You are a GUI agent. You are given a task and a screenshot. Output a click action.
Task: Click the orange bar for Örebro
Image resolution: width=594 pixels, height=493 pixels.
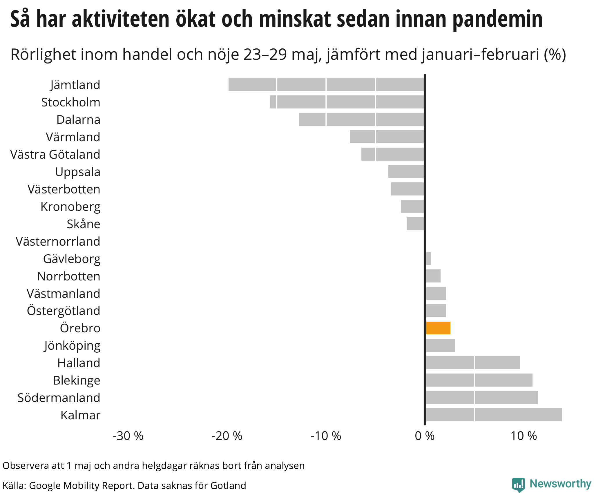(x=438, y=328)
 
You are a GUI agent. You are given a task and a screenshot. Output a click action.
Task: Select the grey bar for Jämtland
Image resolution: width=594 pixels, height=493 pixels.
(x=326, y=85)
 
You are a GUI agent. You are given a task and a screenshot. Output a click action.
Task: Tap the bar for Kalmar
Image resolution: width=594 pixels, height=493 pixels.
(x=494, y=415)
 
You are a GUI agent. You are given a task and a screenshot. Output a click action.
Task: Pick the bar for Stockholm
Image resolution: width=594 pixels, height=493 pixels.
(x=347, y=102)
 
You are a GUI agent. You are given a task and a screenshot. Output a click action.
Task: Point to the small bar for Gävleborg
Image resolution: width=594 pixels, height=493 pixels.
(x=428, y=258)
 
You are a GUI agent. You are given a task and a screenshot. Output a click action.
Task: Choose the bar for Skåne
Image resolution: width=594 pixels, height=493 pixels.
(x=415, y=224)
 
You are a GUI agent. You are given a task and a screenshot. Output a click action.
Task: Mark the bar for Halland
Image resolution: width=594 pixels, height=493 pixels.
(x=472, y=363)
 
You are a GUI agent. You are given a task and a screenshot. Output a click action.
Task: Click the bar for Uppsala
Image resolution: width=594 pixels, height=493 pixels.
(x=406, y=171)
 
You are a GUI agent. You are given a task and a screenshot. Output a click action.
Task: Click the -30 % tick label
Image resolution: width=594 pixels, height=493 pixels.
(x=128, y=436)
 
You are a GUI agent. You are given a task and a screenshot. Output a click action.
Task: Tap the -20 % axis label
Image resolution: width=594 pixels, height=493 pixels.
(x=227, y=436)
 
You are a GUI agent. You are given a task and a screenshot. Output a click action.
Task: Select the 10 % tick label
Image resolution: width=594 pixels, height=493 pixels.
(x=524, y=436)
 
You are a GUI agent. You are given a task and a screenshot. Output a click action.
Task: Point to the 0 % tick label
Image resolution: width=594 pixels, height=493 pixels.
(x=425, y=436)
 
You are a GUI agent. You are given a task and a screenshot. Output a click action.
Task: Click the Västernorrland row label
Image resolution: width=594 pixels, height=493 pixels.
(x=58, y=241)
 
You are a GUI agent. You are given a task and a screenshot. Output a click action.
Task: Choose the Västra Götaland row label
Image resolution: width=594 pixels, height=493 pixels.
(x=55, y=154)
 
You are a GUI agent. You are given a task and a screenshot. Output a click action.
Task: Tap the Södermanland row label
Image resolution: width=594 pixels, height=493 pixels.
(x=59, y=398)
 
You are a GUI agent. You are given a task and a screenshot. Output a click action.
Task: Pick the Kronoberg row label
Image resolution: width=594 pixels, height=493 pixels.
(x=70, y=207)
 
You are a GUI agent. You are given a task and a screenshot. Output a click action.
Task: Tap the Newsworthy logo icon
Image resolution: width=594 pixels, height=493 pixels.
(x=518, y=484)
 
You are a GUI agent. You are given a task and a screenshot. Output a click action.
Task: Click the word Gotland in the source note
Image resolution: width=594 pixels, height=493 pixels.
(x=228, y=485)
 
